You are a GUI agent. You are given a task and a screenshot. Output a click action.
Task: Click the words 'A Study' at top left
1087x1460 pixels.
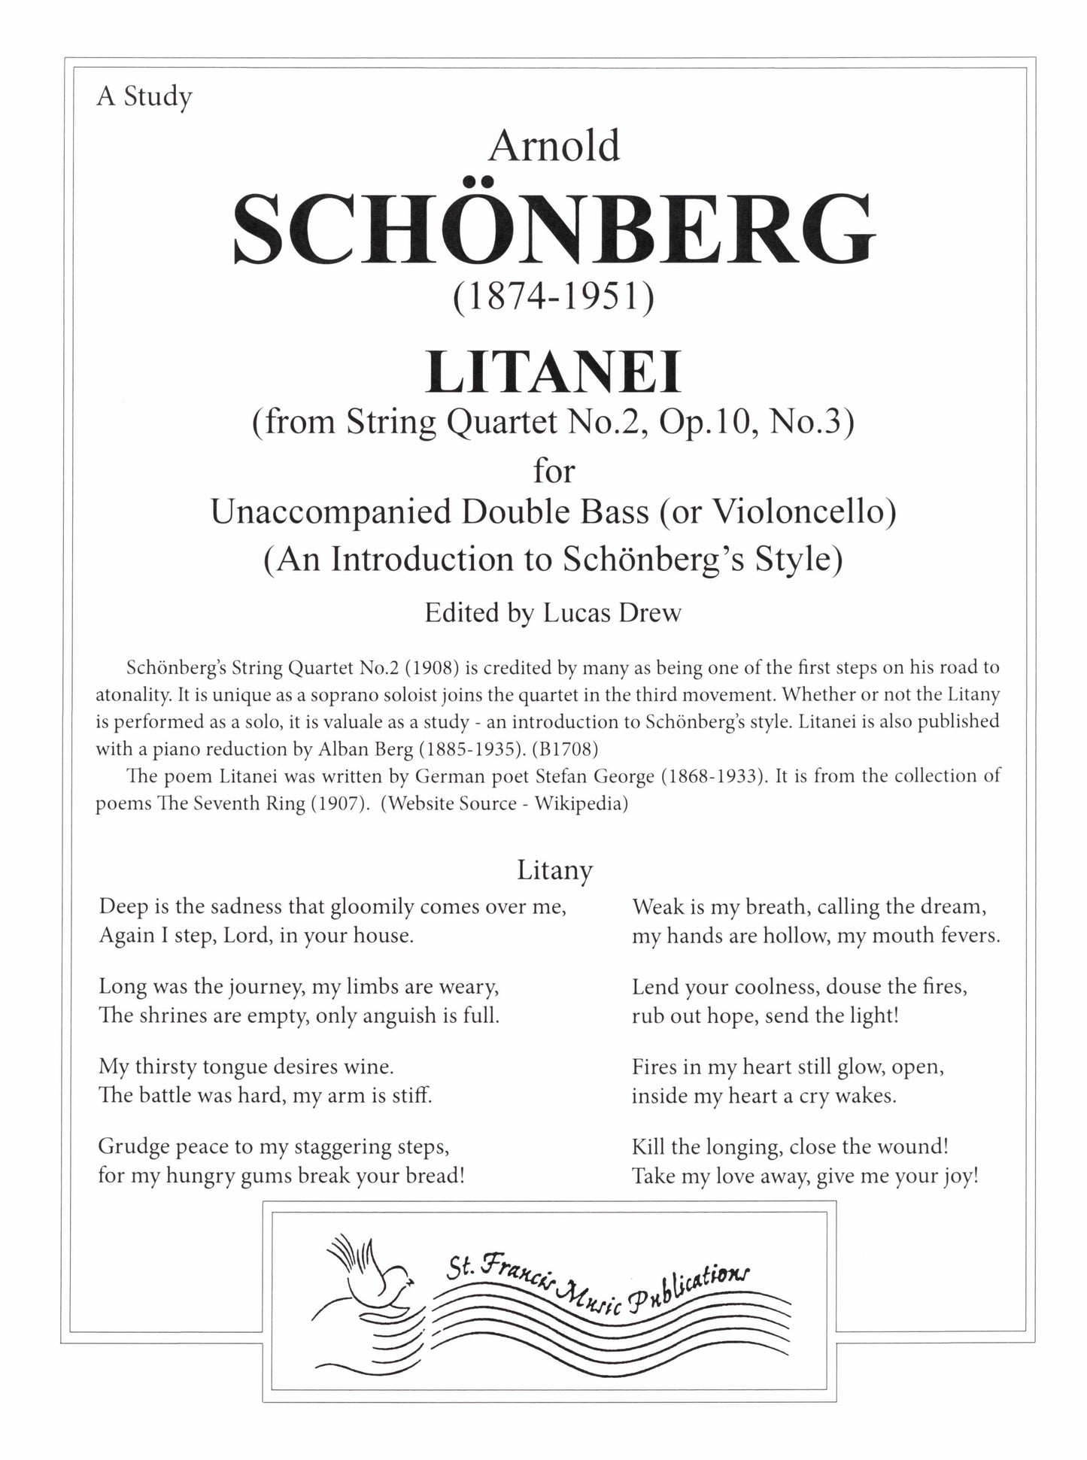(144, 98)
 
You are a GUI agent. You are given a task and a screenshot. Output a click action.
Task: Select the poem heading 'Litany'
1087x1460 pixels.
(554, 870)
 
